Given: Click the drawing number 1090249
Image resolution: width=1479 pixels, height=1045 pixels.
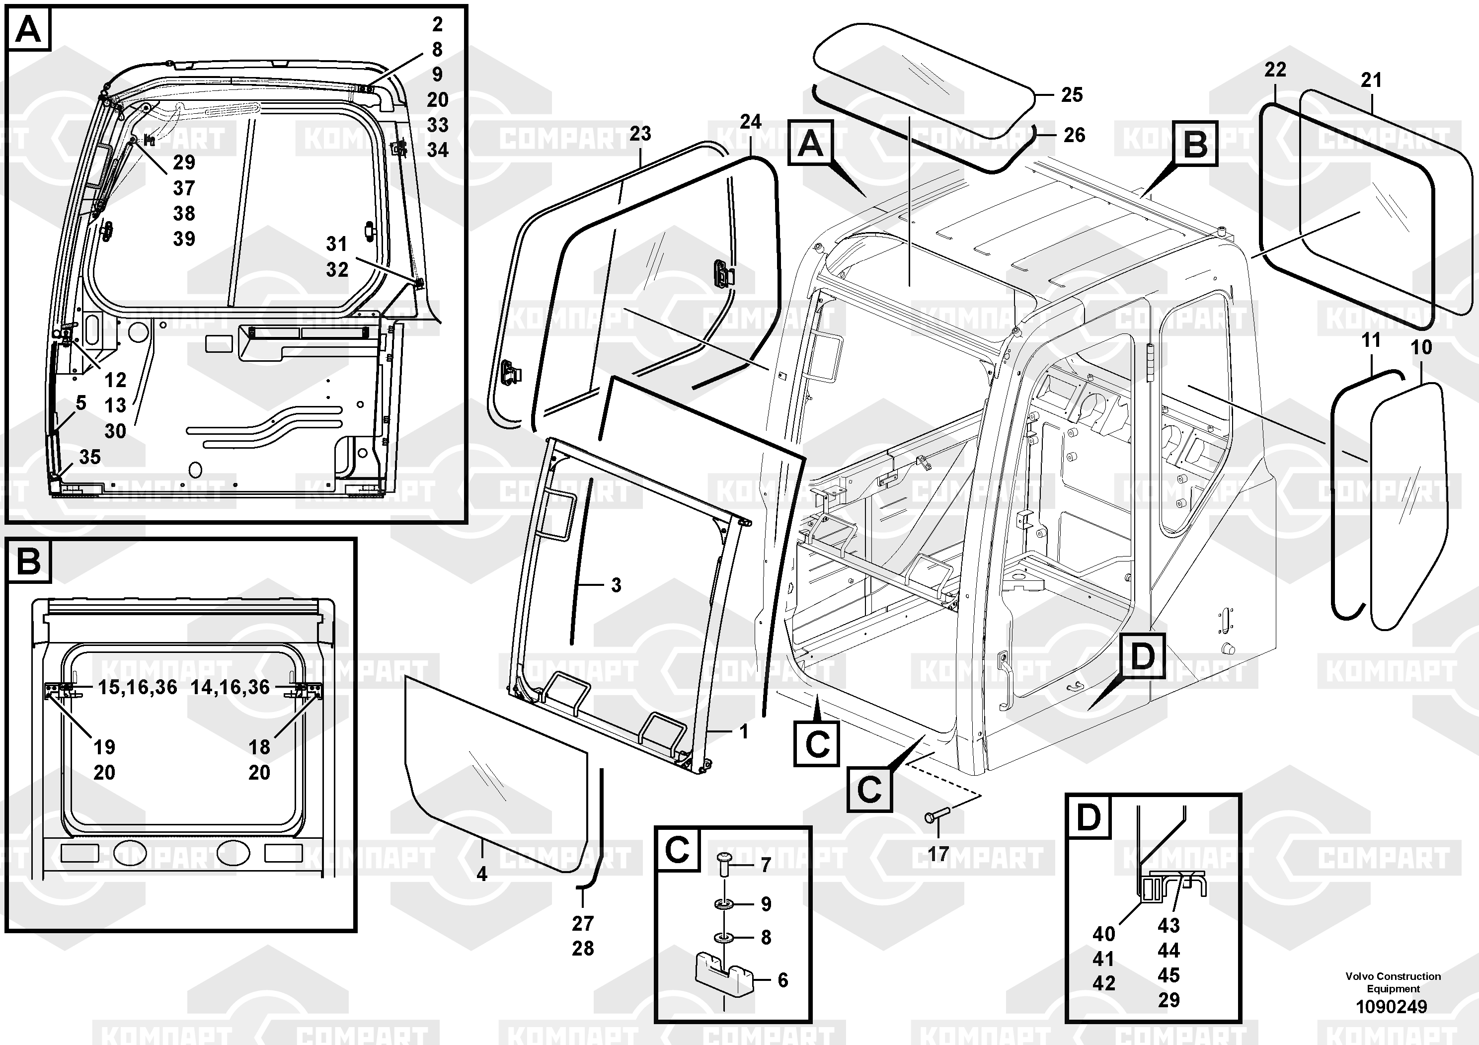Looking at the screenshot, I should click(x=1392, y=1006).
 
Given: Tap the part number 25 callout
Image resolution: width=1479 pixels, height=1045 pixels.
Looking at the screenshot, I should click(x=1072, y=95).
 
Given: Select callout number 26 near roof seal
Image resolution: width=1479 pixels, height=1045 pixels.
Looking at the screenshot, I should click(x=1074, y=135).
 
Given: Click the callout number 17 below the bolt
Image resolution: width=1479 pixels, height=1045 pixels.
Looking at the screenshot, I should click(x=938, y=854).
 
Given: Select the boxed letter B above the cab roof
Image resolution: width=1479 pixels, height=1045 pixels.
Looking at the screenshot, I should click(x=1195, y=144).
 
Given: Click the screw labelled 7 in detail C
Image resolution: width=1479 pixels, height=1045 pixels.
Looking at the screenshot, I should click(x=724, y=863).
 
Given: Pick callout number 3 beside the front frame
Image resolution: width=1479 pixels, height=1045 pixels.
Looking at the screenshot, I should click(x=616, y=585).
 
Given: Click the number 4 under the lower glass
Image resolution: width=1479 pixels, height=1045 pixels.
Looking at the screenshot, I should click(x=482, y=874).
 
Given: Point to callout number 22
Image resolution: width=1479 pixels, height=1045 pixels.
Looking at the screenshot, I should click(x=1275, y=70).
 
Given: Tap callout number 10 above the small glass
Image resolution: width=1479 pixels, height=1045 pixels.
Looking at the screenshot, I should click(x=1421, y=348).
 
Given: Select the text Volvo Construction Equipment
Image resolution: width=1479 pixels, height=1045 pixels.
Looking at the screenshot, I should click(x=1393, y=982).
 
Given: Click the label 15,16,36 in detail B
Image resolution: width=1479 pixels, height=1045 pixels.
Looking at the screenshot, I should click(x=137, y=687).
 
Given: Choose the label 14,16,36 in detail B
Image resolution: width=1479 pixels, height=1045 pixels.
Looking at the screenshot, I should click(x=230, y=687).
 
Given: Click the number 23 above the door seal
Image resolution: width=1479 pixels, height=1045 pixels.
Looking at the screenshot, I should click(x=640, y=134).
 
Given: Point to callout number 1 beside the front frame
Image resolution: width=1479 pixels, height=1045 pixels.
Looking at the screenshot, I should click(x=744, y=731).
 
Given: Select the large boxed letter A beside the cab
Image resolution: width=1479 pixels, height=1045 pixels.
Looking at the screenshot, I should click(x=810, y=143).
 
